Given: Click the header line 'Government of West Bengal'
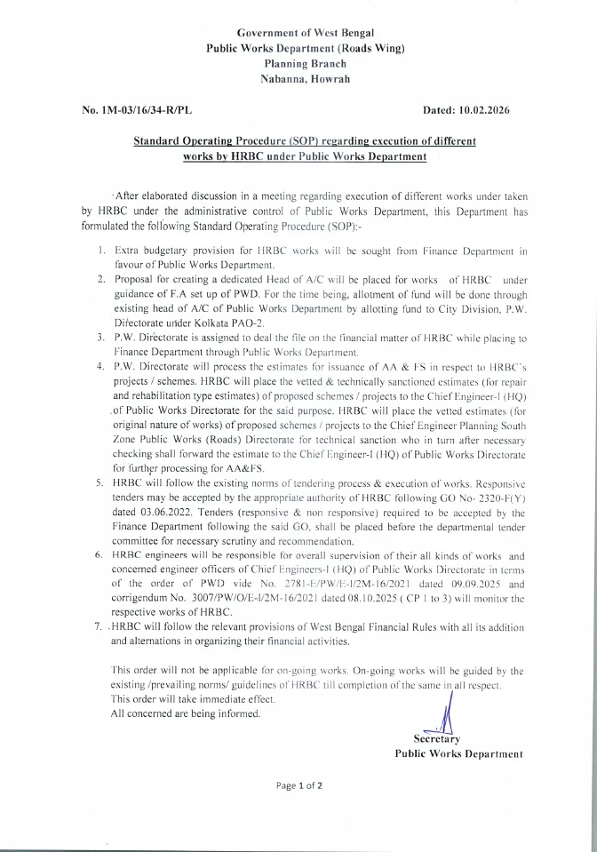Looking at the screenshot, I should [x=298, y=32].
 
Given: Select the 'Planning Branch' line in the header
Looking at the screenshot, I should [x=298, y=64].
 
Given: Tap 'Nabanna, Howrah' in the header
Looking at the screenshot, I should [x=298, y=79].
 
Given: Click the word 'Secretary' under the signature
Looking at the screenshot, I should [x=437, y=738].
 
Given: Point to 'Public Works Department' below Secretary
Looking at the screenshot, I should [x=458, y=752].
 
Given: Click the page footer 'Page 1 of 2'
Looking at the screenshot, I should [x=298, y=785].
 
